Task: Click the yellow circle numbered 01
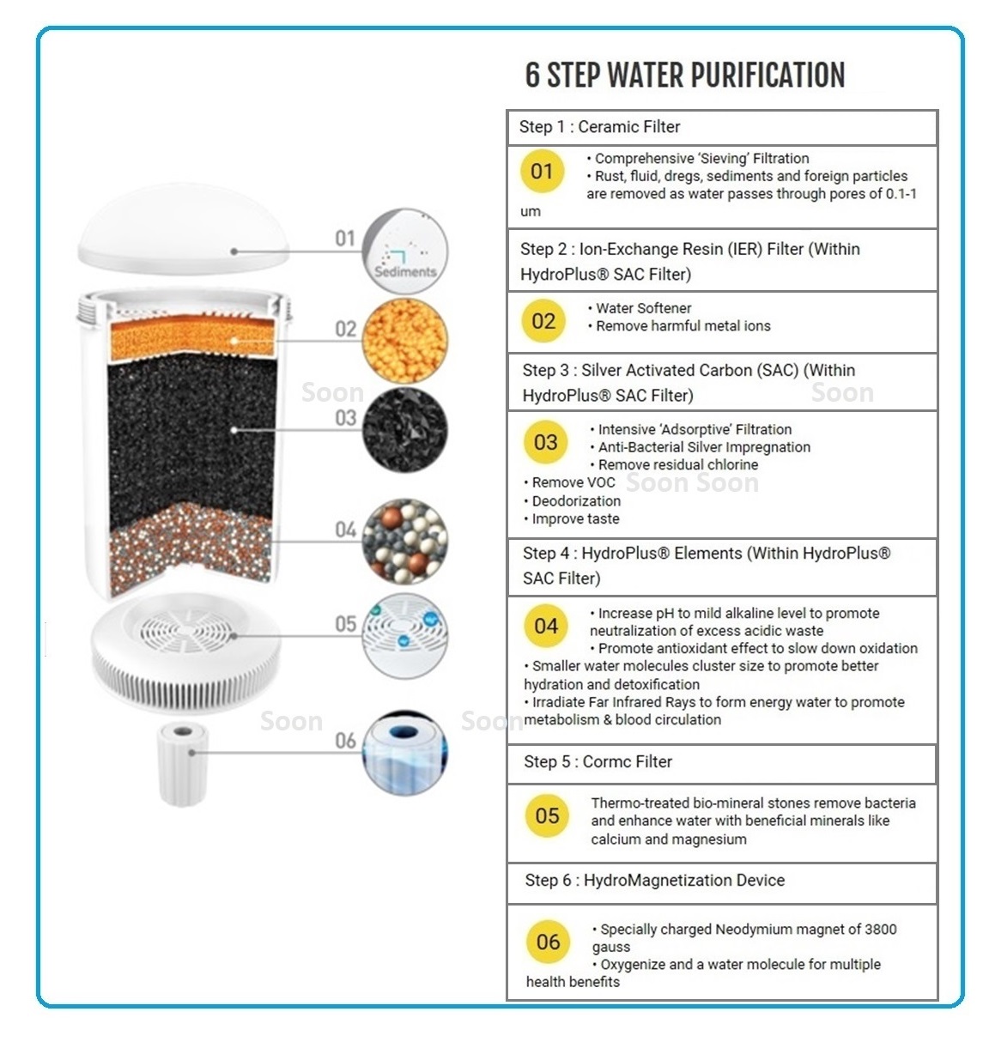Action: [x=542, y=172]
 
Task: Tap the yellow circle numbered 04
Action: [x=546, y=627]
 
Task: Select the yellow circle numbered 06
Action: [x=548, y=942]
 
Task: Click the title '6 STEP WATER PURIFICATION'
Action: [x=685, y=76]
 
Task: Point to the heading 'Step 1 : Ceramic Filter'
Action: [x=599, y=127]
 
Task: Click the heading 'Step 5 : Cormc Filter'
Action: [x=598, y=762]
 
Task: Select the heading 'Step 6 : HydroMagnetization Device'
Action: [x=654, y=881]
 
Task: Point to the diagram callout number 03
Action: [x=346, y=418]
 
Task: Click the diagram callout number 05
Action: [x=346, y=624]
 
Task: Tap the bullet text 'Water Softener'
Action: [x=643, y=308]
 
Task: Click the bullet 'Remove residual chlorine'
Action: [x=678, y=465]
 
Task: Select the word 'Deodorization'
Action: [x=575, y=501]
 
